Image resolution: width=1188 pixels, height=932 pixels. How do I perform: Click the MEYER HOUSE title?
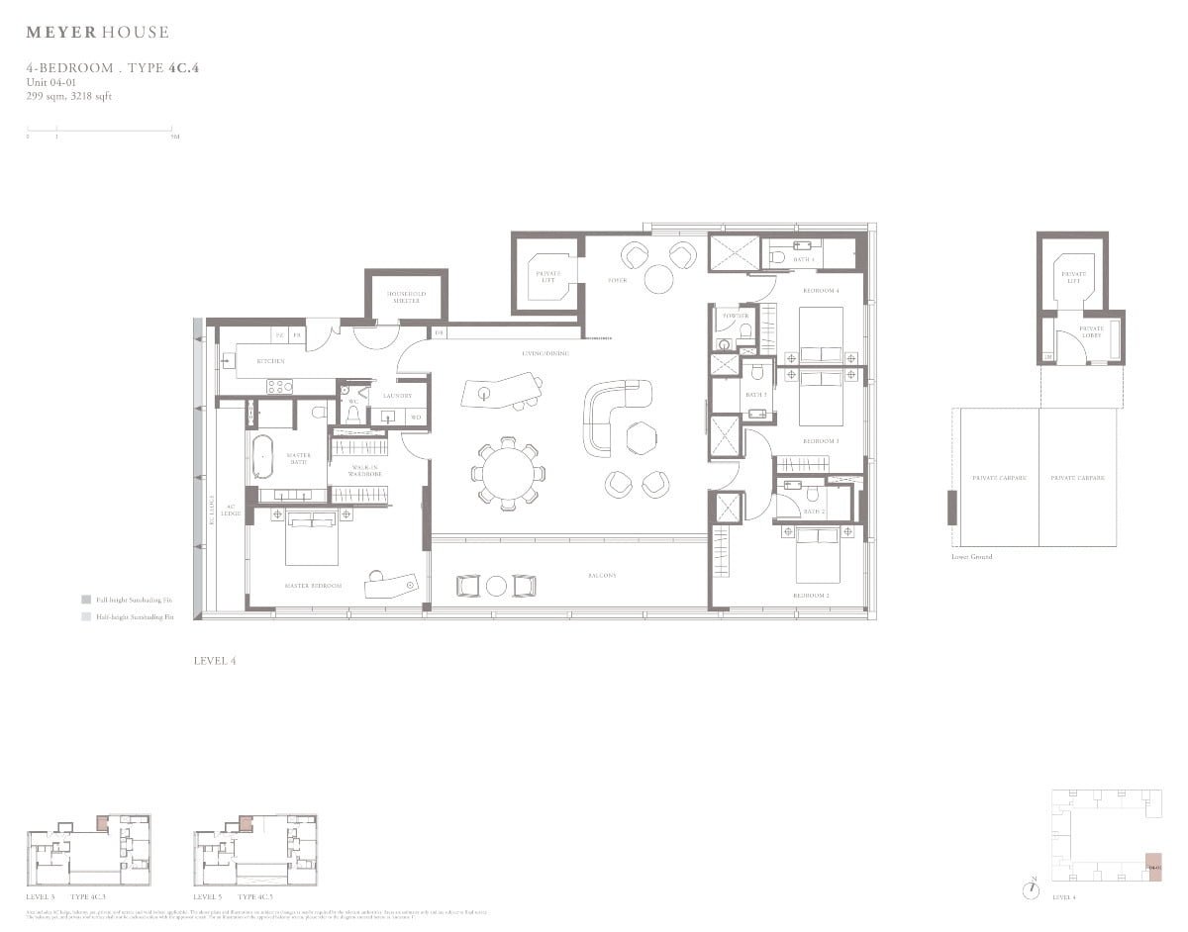pos(97,33)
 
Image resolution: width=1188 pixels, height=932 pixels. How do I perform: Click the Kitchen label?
pos(270,361)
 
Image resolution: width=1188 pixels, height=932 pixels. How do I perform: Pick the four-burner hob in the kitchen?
pos(276,386)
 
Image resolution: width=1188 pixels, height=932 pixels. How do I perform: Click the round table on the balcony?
pos(497,586)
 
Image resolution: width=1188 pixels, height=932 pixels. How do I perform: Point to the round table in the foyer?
pos(658,279)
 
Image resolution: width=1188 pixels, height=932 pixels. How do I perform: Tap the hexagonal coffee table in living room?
pos(641,436)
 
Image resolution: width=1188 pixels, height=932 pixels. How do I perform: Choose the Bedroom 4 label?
pos(821,290)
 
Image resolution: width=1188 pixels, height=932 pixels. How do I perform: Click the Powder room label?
pos(736,316)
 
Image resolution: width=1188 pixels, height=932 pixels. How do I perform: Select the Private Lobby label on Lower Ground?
pos(1091,330)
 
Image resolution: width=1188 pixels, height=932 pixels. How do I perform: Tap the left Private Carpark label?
pos(999,478)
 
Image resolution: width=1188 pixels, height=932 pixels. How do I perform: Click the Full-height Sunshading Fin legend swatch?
pos(87,600)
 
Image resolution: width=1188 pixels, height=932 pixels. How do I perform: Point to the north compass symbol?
pos(1033,887)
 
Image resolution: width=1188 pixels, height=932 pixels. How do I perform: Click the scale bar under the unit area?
pos(99,130)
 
